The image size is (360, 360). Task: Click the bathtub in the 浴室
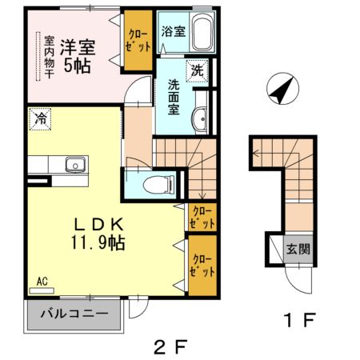[202, 31]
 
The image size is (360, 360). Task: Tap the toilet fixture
[158, 184]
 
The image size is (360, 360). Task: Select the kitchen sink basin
[76, 165]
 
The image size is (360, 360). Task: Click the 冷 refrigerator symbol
[40, 119]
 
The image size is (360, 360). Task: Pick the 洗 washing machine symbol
[197, 70]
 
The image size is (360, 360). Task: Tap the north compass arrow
[282, 89]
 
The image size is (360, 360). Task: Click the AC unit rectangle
[42, 290]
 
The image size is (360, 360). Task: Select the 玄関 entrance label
[298, 249]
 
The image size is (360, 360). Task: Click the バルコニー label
[74, 314]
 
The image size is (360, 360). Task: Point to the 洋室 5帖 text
[78, 57]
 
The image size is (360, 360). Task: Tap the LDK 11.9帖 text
[98, 234]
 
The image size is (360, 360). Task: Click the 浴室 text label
[174, 31]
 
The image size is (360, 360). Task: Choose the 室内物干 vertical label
[49, 57]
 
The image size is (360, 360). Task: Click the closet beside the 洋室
[138, 41]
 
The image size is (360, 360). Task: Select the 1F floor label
[300, 320]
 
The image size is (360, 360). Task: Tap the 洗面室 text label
[174, 98]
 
